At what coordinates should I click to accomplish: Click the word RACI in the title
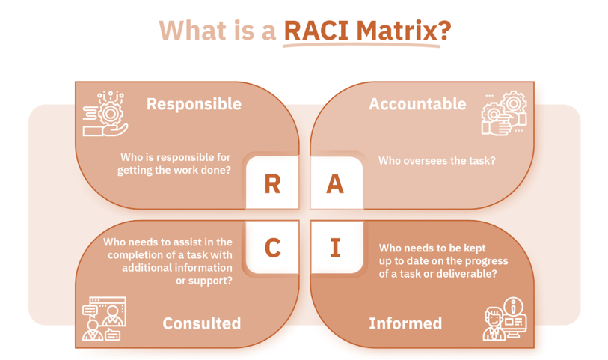319,31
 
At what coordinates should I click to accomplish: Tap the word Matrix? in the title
405,31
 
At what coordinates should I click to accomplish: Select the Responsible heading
194,104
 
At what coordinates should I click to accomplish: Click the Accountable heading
417,104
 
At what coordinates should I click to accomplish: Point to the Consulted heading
202,323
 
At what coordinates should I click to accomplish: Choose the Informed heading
405,323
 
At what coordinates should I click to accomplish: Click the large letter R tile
272,184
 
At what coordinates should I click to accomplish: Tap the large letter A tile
335,184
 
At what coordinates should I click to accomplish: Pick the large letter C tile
272,247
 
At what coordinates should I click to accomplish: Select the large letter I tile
335,247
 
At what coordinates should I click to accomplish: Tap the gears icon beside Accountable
503,114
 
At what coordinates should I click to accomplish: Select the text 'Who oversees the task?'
437,161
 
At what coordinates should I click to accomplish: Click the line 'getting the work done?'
174,171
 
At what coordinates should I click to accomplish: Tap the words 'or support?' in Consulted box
203,281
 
